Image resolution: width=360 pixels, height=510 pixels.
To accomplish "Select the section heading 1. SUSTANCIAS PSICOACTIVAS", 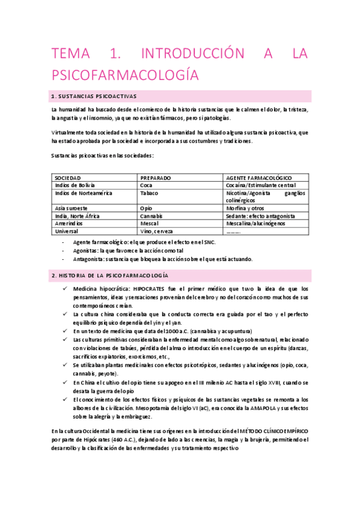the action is [x=95, y=96].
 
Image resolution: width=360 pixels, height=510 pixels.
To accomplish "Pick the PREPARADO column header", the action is [x=156, y=178].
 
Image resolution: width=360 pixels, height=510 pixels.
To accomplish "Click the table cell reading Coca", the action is [x=147, y=185].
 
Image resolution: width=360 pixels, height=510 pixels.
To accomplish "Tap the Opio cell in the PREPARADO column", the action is [x=147, y=208].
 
